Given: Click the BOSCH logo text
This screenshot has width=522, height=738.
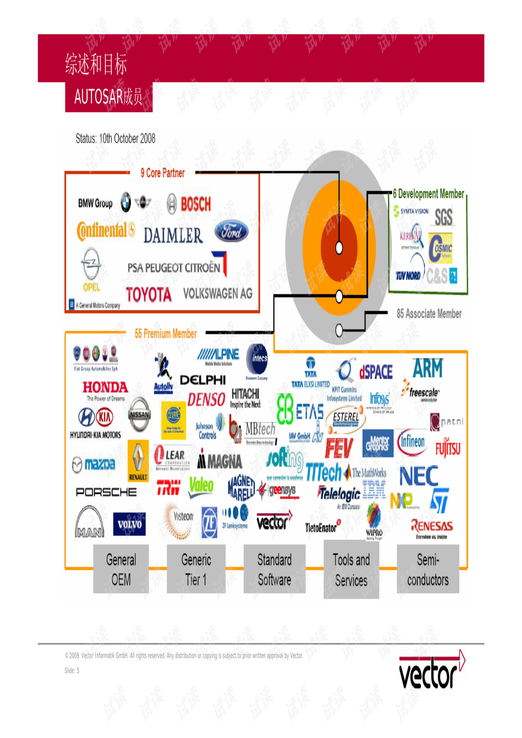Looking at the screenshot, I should (195, 204).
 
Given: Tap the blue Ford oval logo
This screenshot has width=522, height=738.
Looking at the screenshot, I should (231, 231).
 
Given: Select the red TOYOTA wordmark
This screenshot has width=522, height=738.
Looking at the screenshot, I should (148, 295).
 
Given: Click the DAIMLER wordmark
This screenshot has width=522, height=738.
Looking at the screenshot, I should (173, 235).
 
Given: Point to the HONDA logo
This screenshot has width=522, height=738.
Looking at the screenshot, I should (105, 387).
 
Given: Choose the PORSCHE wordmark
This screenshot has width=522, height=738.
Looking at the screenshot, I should (106, 492).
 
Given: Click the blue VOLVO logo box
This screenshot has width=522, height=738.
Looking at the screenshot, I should (129, 524).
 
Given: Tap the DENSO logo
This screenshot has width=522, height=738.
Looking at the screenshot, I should (206, 400).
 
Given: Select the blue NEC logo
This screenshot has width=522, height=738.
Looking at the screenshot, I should (418, 476).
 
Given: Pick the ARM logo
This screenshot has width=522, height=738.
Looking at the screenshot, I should (427, 369).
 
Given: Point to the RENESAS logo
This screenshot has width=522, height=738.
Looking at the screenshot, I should (432, 526).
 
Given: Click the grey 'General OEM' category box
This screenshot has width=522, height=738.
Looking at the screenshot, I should (121, 569).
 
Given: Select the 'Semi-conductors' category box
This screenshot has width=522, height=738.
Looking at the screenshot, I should (428, 569).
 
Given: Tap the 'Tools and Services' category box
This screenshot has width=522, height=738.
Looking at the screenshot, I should (351, 570).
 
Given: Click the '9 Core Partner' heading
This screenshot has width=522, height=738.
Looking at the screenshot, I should (163, 173).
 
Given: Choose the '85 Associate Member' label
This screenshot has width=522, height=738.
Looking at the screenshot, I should (429, 314).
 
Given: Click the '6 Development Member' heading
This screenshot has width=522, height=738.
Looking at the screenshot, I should (428, 194).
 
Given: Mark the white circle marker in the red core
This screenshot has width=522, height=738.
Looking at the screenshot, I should (339, 248).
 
